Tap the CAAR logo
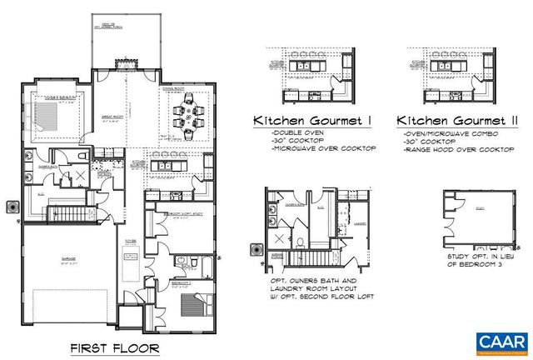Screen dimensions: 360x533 [x=502, y=341]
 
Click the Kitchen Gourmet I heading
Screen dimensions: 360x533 [x=312, y=122]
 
